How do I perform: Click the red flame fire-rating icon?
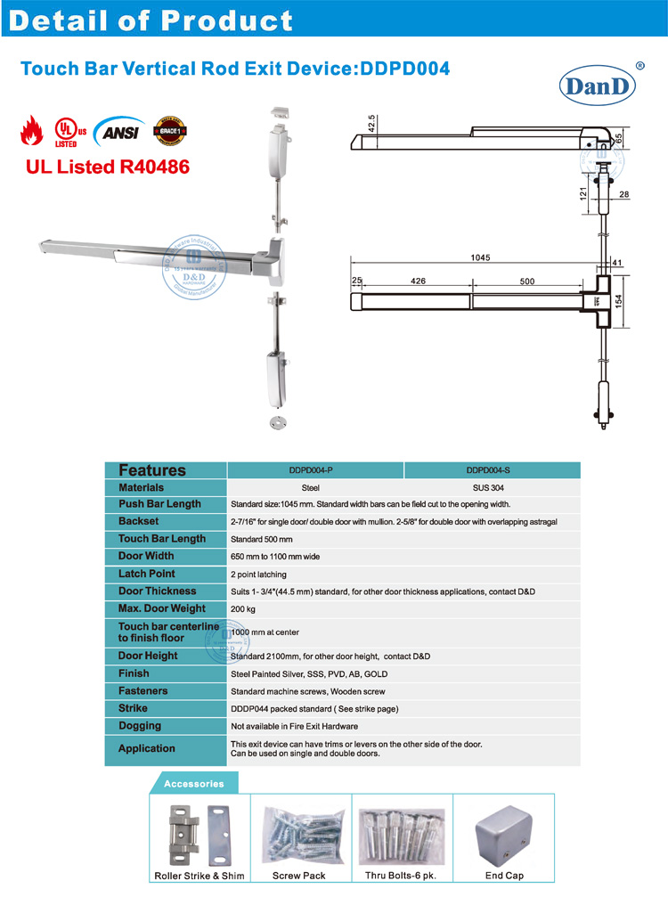[31, 132]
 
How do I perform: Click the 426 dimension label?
[418, 281]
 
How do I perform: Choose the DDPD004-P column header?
[316, 470]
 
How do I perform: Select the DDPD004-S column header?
[492, 470]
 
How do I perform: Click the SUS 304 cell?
[492, 488]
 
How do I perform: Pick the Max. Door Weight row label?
[161, 608]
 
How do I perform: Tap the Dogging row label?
[140, 726]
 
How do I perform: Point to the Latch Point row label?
[147, 574]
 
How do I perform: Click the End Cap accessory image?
[503, 836]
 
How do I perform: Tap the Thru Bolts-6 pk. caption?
[402, 876]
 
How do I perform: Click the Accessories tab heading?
[193, 784]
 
